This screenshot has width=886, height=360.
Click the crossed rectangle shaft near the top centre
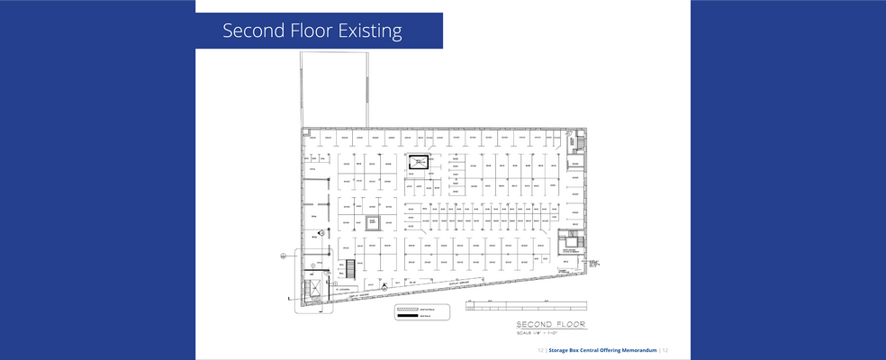(x=420, y=162)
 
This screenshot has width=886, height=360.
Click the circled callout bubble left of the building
(x=283, y=256)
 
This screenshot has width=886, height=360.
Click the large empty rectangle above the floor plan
(x=333, y=89)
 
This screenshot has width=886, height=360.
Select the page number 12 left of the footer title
(x=540, y=350)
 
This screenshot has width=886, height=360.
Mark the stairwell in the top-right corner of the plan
(x=574, y=142)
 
